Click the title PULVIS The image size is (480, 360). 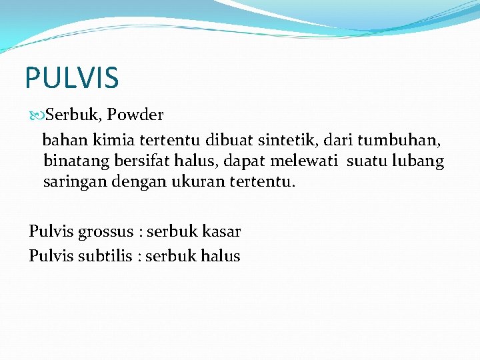[x=72, y=77]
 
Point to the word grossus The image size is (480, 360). [x=105, y=232]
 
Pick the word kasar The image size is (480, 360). [x=222, y=231]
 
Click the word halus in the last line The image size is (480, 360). [x=221, y=256]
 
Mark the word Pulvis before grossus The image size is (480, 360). [x=51, y=231]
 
